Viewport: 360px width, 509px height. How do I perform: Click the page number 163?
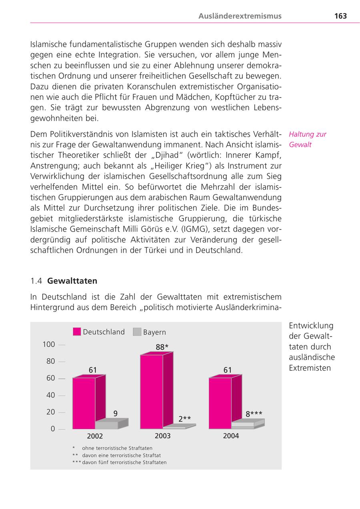pos(340,16)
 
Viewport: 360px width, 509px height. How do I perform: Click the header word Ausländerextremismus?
pos(240,16)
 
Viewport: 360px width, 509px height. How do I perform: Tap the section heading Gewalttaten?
pos(72,281)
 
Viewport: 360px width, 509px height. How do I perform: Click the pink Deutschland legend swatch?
pos(77,331)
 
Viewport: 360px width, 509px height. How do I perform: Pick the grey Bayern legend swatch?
pos(137,331)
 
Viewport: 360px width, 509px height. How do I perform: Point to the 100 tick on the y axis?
pos(49,344)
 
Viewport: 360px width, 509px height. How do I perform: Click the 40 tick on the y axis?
pos(50,395)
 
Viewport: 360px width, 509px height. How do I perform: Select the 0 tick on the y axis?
pos(52,429)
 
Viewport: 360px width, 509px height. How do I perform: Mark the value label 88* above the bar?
pos(162,347)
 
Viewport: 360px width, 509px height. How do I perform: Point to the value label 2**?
pos(184,419)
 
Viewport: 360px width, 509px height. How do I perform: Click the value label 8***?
pos(254,414)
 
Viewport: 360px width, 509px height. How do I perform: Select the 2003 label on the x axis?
pos(162,435)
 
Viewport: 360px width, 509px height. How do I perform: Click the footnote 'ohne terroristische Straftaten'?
pos(117,448)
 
